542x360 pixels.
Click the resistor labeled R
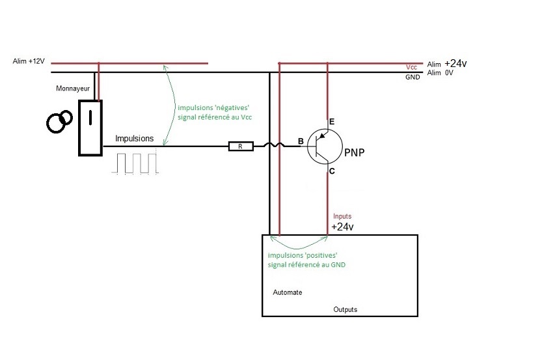click(240, 146)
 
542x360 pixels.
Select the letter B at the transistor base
click(300, 142)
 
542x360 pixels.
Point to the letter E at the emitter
click(332, 122)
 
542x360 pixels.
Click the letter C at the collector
click(332, 171)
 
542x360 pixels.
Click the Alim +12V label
click(29, 61)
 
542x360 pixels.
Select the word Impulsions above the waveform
click(135, 139)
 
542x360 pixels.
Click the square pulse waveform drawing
click(135, 163)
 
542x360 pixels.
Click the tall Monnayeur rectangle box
click(90, 128)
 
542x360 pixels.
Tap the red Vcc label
click(411, 68)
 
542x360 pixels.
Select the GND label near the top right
click(413, 76)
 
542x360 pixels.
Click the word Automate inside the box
click(287, 292)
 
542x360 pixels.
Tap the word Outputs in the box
click(345, 310)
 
